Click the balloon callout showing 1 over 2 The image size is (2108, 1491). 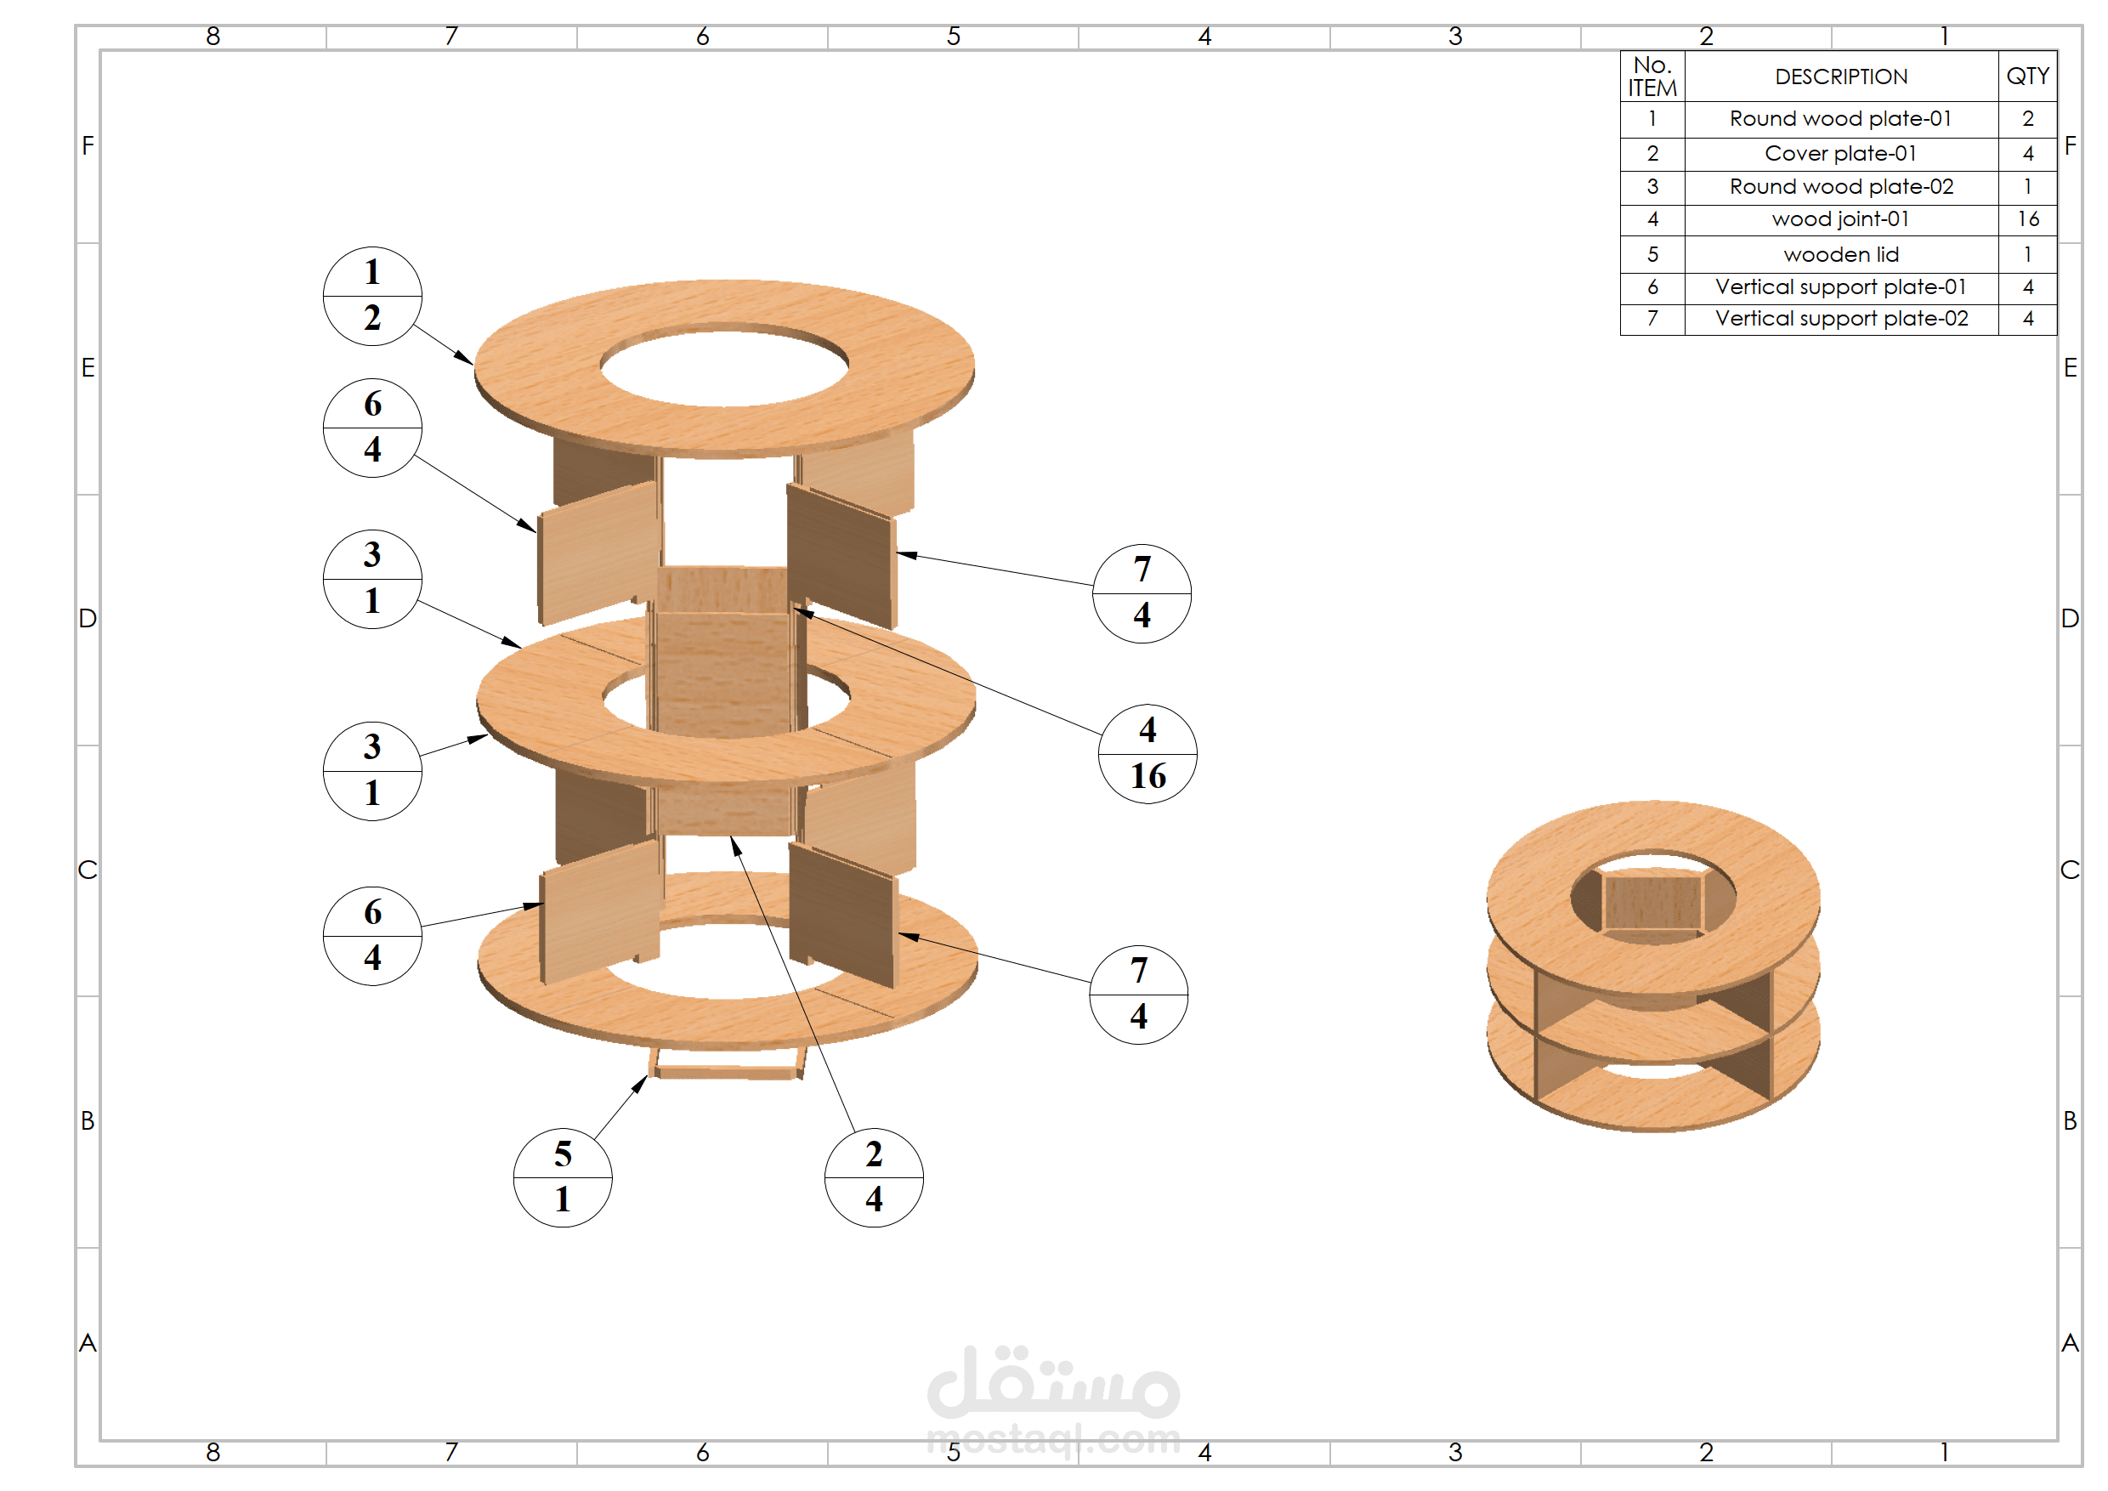pyautogui.click(x=371, y=296)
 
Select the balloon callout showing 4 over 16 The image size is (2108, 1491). pyautogui.click(x=1147, y=754)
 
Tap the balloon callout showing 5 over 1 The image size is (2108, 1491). pyautogui.click(x=562, y=1177)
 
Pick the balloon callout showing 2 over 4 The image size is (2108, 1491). pyautogui.click(x=873, y=1177)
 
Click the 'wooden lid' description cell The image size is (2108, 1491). pyautogui.click(x=1840, y=254)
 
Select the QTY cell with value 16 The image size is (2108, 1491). pyautogui.click(x=2027, y=219)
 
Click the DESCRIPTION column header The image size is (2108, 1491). pyautogui.click(x=1840, y=77)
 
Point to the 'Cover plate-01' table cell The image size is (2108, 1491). pyautogui.click(x=1840, y=153)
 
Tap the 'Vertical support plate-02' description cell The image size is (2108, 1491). pyautogui.click(x=1840, y=319)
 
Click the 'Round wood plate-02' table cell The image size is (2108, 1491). pyautogui.click(x=1840, y=187)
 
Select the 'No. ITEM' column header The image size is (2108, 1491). pyautogui.click(x=1651, y=77)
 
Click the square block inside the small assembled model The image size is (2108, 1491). pyautogui.click(x=1652, y=902)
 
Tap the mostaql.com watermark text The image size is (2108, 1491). pyautogui.click(x=1053, y=1438)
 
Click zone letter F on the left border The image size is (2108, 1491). pyautogui.click(x=88, y=146)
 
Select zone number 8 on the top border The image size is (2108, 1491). pyautogui.click(x=213, y=37)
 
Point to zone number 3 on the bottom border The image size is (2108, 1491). pyautogui.click(x=1454, y=1452)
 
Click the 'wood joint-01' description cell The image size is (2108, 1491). pyautogui.click(x=1840, y=219)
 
